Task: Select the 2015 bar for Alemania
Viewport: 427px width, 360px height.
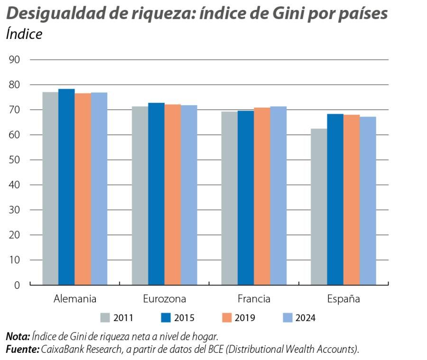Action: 66,187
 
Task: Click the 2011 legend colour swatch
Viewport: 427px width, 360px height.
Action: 106,318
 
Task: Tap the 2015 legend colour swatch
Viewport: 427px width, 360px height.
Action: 167,318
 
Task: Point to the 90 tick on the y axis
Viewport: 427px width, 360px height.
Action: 14,60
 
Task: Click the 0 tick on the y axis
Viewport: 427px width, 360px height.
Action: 17,285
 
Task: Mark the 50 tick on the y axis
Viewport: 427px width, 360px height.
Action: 14,160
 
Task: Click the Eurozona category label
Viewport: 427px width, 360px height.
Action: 164,299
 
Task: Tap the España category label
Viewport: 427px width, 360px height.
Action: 343,299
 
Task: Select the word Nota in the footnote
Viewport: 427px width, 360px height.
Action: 17,337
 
